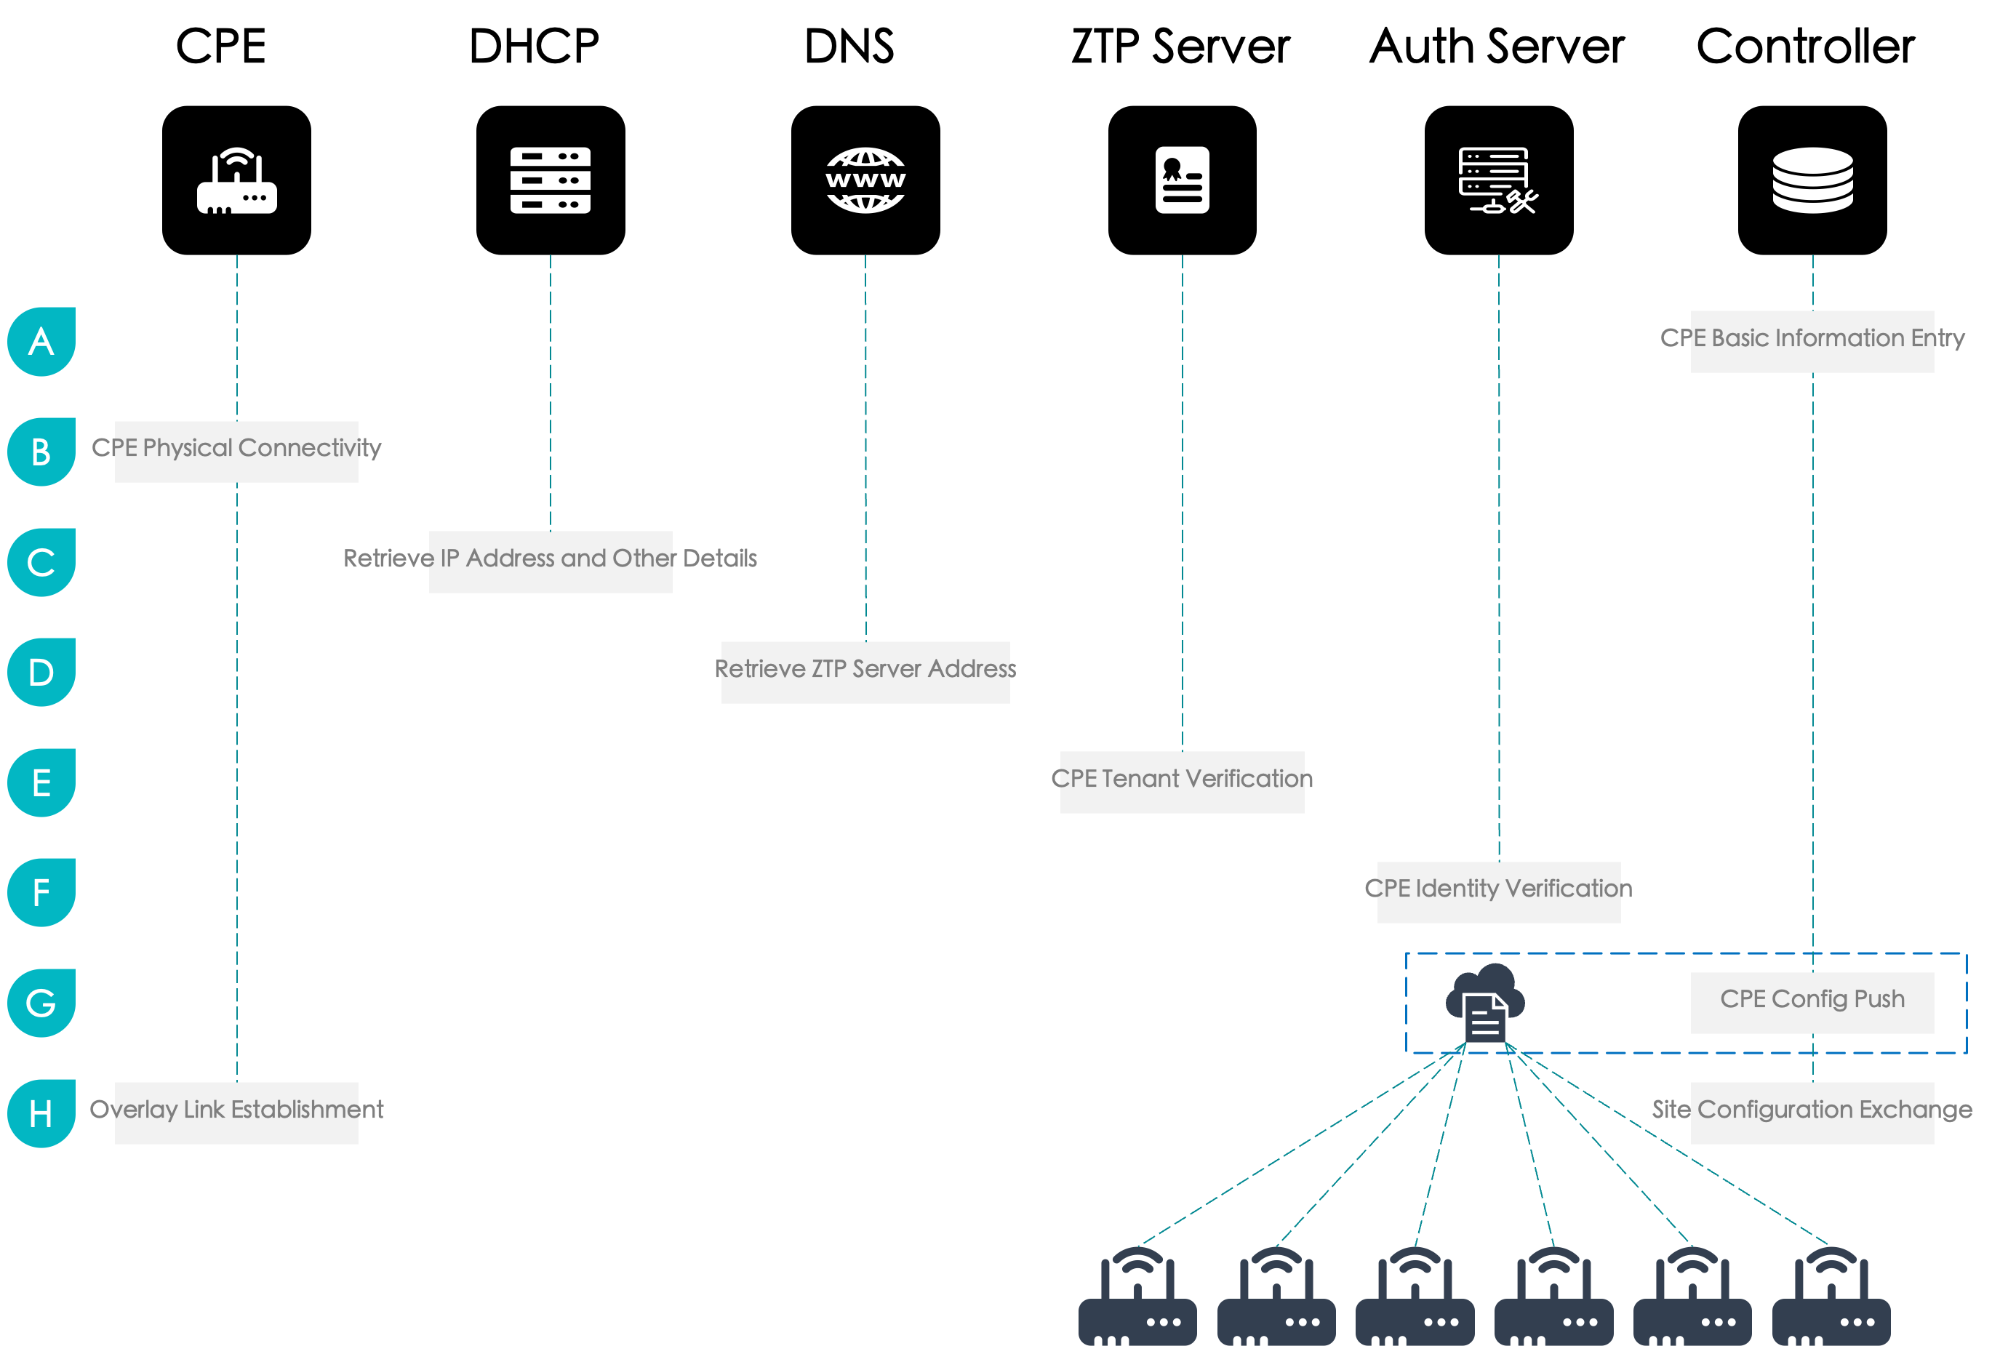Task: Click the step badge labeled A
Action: pos(41,342)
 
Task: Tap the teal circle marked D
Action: pos(41,672)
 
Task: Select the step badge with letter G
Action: pos(41,1003)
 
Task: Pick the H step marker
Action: pos(41,1113)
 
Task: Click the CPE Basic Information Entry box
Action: pos(1812,341)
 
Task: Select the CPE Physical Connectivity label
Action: pos(237,451)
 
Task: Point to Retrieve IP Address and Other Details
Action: pos(551,561)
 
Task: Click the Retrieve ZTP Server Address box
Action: pos(865,671)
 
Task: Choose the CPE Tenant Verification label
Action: pos(1182,781)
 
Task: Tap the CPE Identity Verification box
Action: pos(1499,892)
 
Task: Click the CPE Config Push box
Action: pos(1812,1002)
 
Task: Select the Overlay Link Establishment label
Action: pos(237,1112)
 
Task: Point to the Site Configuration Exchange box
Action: pos(1812,1112)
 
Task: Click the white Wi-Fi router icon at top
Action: pos(237,180)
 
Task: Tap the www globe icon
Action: pos(865,180)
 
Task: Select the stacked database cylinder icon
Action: pos(1812,180)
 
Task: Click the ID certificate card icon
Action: pos(1182,180)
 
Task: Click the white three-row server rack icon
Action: pos(551,180)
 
